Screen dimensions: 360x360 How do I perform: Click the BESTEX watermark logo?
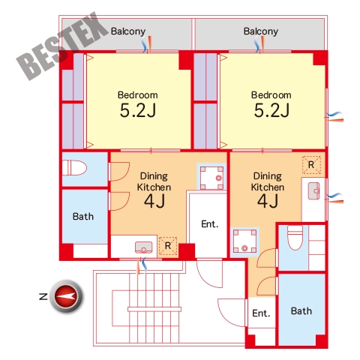click(62, 46)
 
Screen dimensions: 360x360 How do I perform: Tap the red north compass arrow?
click(65, 296)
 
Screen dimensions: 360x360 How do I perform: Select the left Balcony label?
click(128, 31)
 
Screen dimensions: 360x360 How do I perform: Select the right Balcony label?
click(261, 31)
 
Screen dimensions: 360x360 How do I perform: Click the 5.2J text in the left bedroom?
click(138, 110)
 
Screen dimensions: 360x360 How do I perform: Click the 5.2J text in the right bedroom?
click(271, 110)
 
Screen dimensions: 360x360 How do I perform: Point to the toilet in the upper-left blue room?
click(74, 168)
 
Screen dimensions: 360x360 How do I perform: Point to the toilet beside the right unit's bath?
click(295, 238)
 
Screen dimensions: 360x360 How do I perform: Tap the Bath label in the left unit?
click(83, 217)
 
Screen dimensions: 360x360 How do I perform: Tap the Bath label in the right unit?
click(301, 311)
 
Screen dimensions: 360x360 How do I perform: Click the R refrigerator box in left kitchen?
click(168, 246)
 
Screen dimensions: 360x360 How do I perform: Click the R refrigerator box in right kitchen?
click(311, 165)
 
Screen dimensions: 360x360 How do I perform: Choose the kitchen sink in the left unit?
click(143, 247)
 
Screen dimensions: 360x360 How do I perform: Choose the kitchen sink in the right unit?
click(314, 191)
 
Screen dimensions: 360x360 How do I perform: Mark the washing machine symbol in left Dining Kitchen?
click(211, 177)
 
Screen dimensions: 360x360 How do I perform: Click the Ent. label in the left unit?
click(209, 224)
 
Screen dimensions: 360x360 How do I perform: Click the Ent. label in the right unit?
click(261, 313)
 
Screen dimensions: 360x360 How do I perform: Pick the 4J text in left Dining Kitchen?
click(154, 201)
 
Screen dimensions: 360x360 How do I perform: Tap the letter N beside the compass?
click(43, 296)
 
